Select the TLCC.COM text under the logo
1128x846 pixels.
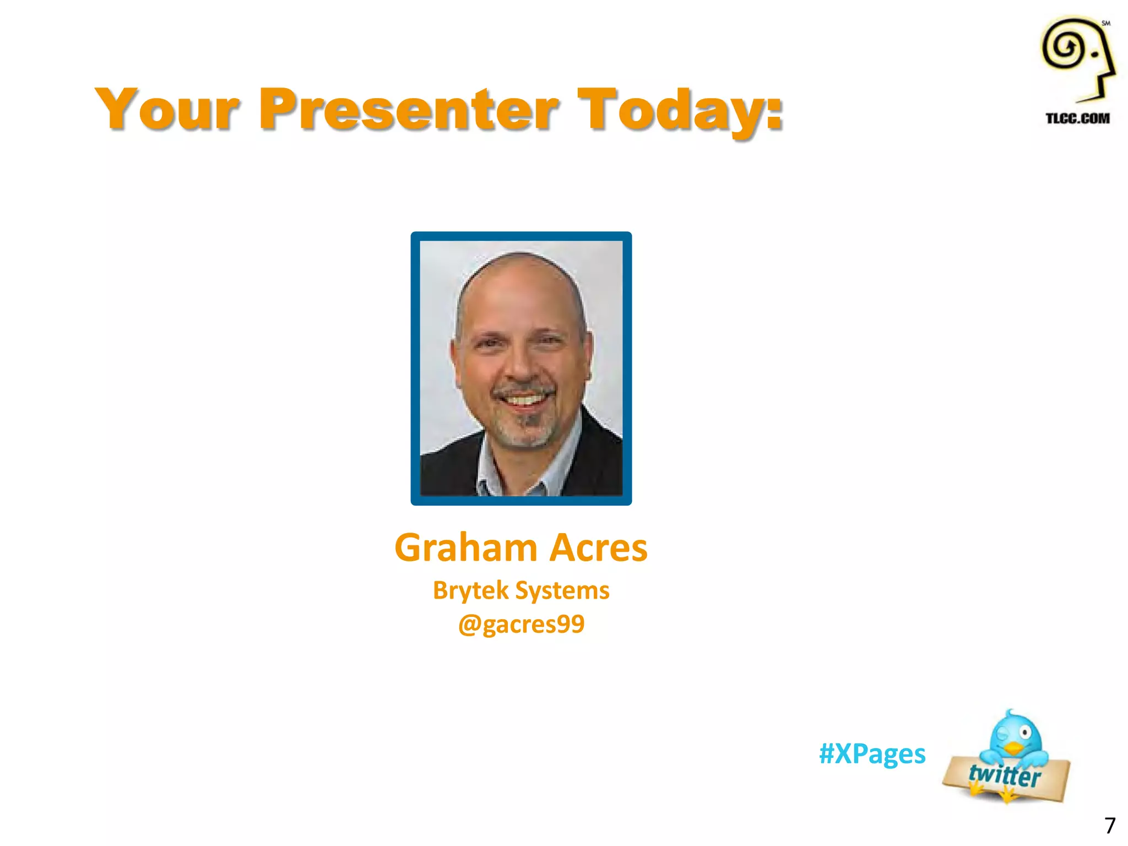pyautogui.click(x=1077, y=118)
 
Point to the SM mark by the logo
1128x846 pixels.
pyautogui.click(x=1105, y=23)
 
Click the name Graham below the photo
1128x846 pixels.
pyautogui.click(x=466, y=549)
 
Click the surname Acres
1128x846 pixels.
pyautogui.click(x=599, y=549)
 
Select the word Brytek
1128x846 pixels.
pyautogui.click(x=470, y=590)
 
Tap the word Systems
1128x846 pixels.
pyautogui.click(x=562, y=590)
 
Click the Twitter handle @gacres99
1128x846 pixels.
pyautogui.click(x=521, y=624)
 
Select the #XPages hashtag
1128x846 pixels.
pyautogui.click(x=872, y=753)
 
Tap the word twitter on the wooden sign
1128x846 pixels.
pyautogui.click(x=1005, y=775)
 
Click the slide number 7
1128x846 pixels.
pyautogui.click(x=1110, y=826)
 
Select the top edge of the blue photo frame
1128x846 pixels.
pyautogui.click(x=521, y=236)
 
